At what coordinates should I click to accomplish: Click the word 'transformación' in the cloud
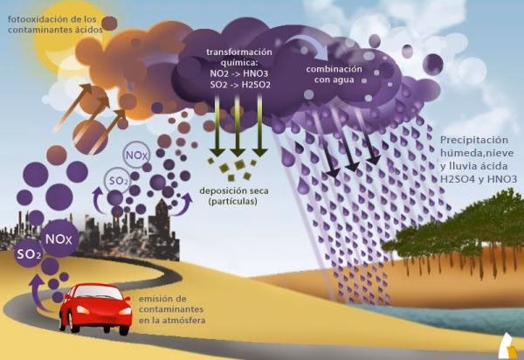pos(237,52)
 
